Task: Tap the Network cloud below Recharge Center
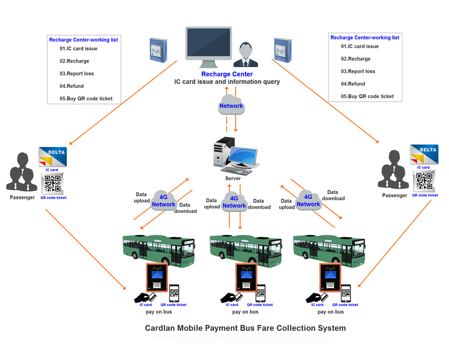231,105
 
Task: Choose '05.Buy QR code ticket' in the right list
367,96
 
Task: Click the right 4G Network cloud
308,200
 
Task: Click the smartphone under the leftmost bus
174,293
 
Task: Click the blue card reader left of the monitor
158,49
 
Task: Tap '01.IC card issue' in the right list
360,46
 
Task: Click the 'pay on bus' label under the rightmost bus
330,312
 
